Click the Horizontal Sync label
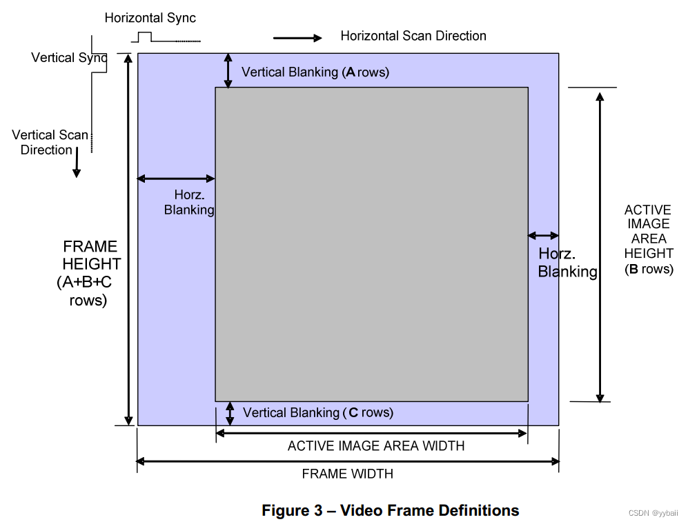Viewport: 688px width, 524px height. [x=150, y=18]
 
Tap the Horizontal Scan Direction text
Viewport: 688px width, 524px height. [x=413, y=36]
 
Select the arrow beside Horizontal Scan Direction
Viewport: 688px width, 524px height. [x=298, y=38]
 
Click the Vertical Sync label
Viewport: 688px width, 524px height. [x=69, y=57]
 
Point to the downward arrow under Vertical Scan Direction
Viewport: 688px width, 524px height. [x=77, y=163]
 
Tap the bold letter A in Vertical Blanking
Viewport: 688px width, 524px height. [x=351, y=72]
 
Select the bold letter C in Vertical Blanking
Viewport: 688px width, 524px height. [x=353, y=412]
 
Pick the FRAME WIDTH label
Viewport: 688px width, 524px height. [x=348, y=474]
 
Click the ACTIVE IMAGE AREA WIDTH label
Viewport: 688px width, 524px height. [x=376, y=446]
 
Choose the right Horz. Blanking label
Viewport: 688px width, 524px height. [x=567, y=263]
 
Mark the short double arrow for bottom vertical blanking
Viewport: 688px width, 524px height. [x=230, y=413]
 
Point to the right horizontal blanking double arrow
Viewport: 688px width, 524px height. [x=543, y=236]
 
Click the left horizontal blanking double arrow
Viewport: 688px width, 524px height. [x=176, y=179]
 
